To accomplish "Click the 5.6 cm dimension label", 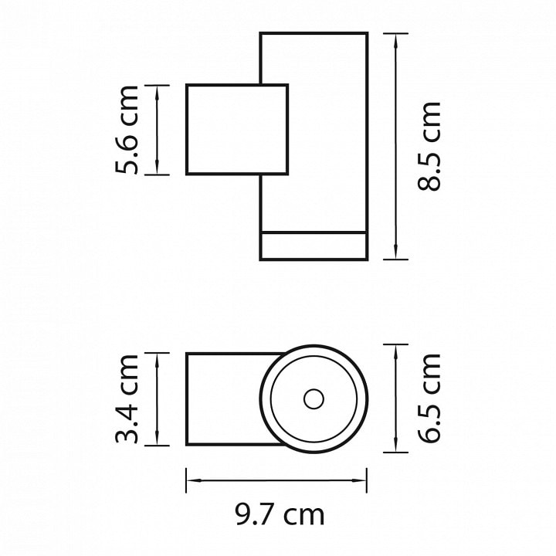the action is [x=127, y=130].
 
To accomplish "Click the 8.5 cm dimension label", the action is [x=429, y=147].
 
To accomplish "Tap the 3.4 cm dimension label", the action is [x=127, y=399].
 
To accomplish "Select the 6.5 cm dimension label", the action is [x=429, y=398].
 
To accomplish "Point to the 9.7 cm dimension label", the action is [x=280, y=514].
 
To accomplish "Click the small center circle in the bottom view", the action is [x=314, y=399].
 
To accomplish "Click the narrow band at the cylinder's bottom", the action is [x=314, y=246].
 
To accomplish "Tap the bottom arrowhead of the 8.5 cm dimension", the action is [x=395, y=252].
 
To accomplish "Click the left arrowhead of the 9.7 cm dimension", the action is [x=194, y=480].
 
